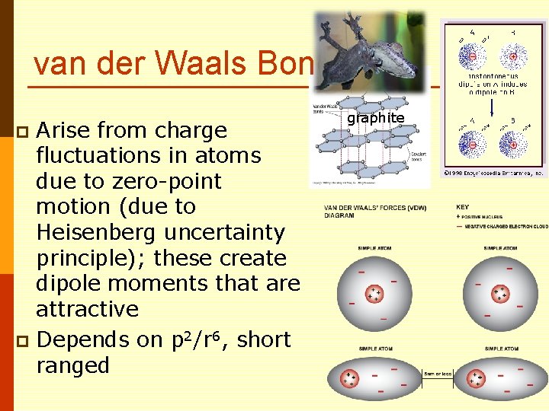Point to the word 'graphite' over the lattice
click(x=375, y=118)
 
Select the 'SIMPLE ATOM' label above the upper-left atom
click(x=374, y=248)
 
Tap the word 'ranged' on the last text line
click(x=73, y=365)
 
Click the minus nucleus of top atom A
click(x=473, y=57)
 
